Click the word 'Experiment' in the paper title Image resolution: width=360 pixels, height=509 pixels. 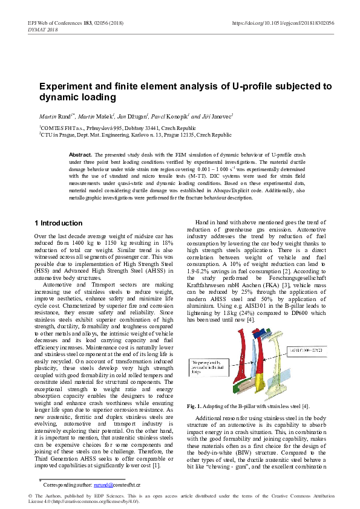click(65, 86)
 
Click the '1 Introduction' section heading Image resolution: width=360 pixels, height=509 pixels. click(58, 223)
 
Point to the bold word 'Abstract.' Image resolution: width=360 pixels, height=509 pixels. click(80, 155)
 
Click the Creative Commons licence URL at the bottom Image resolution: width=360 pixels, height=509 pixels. click(96, 501)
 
